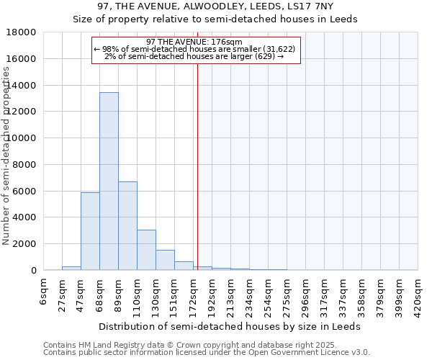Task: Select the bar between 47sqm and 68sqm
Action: [90, 231]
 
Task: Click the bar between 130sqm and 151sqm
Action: [165, 260]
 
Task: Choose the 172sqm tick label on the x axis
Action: [193, 294]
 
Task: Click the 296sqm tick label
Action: [305, 294]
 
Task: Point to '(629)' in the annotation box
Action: [263, 56]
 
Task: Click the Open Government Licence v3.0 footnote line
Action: [206, 353]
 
